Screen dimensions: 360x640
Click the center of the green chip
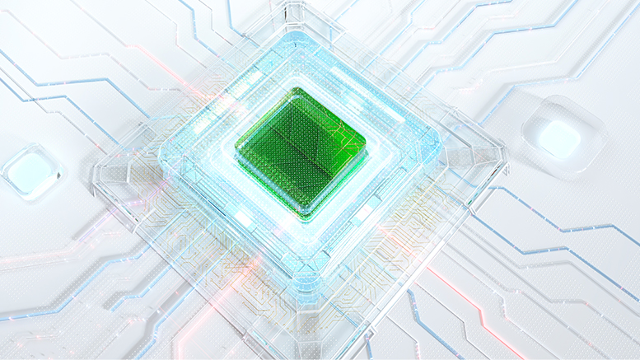(x=301, y=152)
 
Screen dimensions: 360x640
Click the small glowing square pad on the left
(x=30, y=172)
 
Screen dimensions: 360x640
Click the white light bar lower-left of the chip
(x=244, y=218)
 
